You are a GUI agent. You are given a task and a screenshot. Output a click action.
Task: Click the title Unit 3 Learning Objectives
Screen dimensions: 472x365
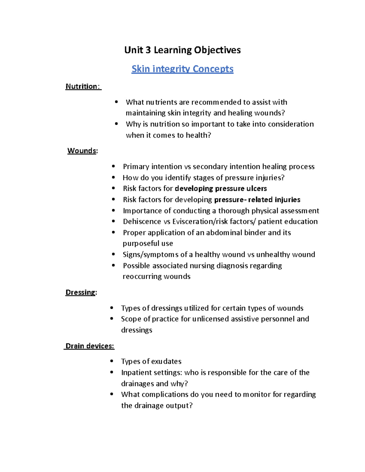click(x=182, y=50)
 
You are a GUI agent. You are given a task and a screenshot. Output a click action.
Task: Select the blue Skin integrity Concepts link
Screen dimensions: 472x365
click(x=182, y=69)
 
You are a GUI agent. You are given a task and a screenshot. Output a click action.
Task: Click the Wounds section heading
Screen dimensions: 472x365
click(x=82, y=151)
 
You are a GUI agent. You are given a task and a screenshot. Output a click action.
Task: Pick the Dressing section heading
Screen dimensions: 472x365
click(x=81, y=292)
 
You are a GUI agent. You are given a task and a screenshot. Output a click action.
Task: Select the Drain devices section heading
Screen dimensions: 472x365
click(x=90, y=346)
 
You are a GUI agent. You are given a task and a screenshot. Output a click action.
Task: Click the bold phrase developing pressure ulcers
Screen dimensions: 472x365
click(x=221, y=189)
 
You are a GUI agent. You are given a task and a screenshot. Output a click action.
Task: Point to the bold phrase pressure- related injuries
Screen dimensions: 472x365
click(x=257, y=200)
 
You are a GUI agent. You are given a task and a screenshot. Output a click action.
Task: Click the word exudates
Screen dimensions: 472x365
click(x=166, y=361)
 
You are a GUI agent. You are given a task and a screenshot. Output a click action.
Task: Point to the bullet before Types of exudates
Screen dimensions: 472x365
click(x=112, y=361)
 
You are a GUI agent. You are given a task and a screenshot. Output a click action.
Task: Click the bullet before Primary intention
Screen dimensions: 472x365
click(x=113, y=166)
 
